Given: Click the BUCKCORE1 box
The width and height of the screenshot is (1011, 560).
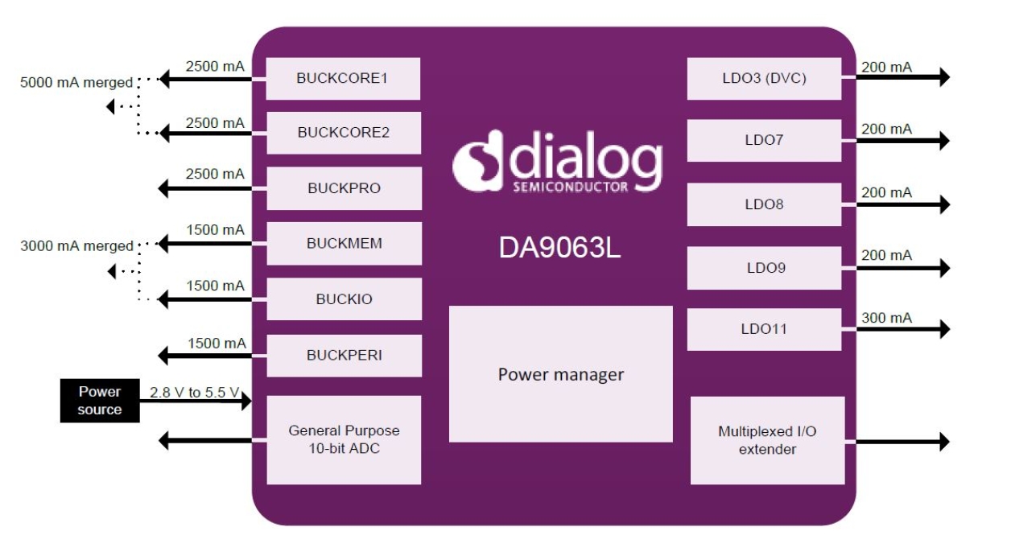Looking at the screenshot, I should [343, 79].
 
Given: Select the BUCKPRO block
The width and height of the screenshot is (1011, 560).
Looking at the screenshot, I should [343, 188].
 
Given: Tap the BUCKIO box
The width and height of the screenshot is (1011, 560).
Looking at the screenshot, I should [343, 299].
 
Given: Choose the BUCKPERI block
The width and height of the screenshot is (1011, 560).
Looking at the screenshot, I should [343, 355].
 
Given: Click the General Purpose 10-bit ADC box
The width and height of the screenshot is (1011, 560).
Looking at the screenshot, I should [343, 439].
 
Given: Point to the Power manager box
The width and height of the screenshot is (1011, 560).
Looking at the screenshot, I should [560, 374].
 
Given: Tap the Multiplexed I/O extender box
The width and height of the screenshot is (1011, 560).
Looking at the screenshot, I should [766, 440].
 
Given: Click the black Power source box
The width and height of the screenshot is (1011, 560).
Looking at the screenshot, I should [99, 401].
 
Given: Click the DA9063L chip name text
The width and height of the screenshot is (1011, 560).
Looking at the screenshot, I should [560, 248].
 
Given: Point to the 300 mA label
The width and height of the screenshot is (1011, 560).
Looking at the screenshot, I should [886, 318].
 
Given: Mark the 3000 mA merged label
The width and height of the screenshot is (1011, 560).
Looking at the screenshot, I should [76, 246].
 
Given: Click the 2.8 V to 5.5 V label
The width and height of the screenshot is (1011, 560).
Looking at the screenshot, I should [194, 393].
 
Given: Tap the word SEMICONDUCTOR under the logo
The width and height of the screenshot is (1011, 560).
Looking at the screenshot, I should [570, 187].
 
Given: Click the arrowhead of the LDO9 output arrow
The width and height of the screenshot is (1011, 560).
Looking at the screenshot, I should [943, 267].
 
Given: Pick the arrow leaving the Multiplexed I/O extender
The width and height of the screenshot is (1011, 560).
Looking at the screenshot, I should [902, 441].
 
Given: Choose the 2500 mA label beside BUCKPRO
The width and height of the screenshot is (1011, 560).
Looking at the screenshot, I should [214, 174].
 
